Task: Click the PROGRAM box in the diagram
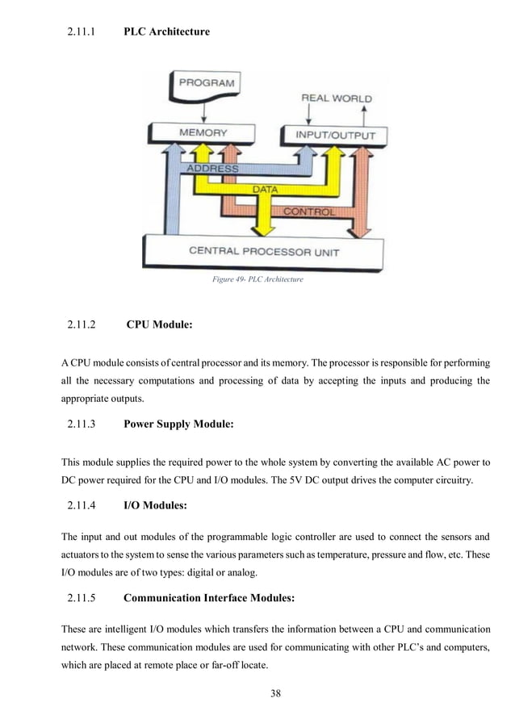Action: (x=206, y=83)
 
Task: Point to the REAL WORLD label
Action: (x=337, y=98)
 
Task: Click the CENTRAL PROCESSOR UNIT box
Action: (x=264, y=251)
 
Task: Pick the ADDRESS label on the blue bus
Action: (x=212, y=169)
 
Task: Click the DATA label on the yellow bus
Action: (x=266, y=190)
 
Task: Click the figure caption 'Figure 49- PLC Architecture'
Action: (x=257, y=279)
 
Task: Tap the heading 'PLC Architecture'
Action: (x=166, y=32)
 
